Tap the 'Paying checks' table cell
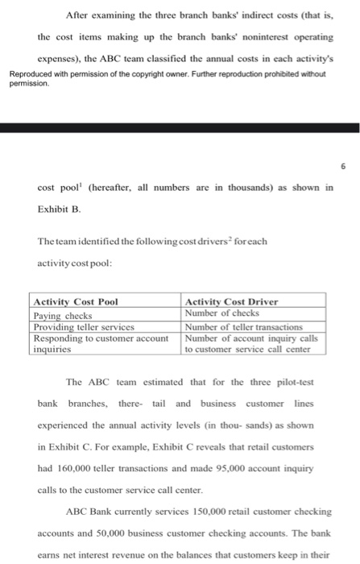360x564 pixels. coord(63,315)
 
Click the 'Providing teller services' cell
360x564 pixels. coord(83,326)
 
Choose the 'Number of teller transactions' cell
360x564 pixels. coord(243,326)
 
